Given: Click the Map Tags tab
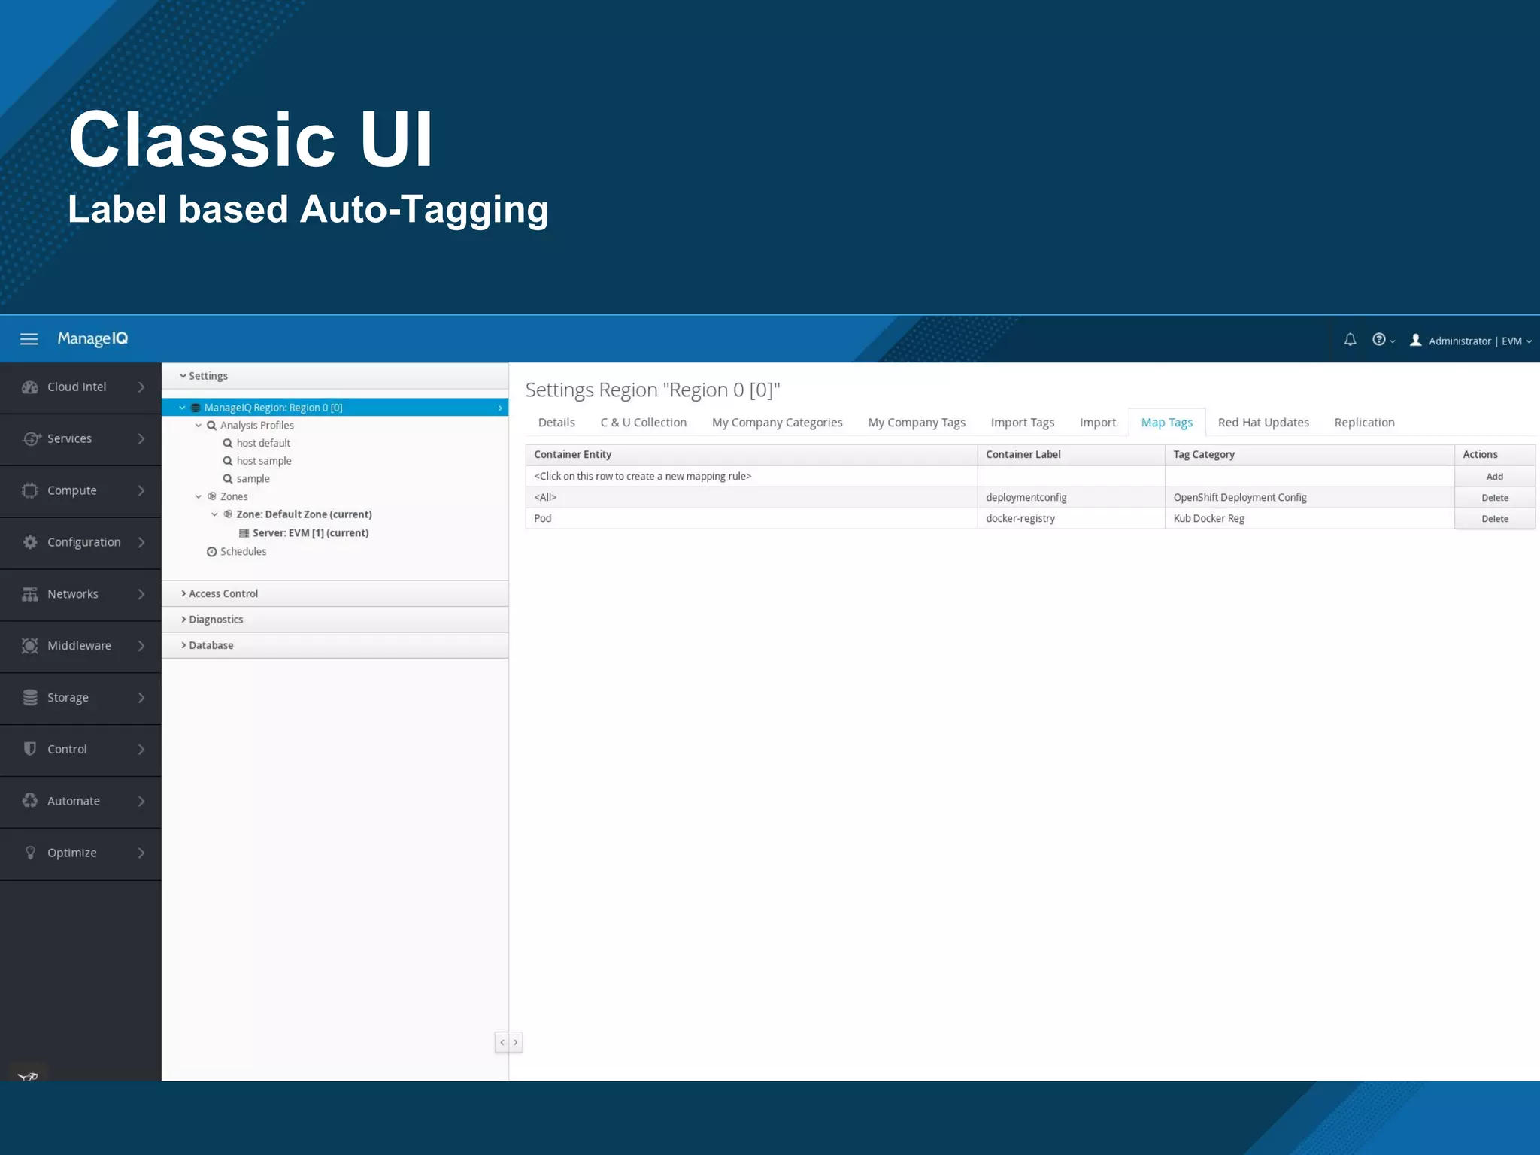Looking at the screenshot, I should point(1166,423).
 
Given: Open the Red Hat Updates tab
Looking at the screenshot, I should point(1263,423).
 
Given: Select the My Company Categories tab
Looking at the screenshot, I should point(777,423).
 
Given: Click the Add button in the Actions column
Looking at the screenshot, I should point(1494,477).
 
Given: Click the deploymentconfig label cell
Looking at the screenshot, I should point(1026,498).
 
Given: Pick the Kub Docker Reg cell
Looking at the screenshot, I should point(1208,519).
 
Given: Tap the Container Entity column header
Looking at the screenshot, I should point(573,455).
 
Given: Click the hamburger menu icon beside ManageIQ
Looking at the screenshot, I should point(29,339).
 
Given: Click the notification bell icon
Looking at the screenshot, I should point(1350,340).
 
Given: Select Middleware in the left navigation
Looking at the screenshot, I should point(79,646).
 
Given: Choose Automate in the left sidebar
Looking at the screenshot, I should point(73,802).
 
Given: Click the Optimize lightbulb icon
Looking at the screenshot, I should point(30,853).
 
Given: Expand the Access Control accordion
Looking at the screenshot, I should point(223,594).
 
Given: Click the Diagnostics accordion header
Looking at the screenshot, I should point(216,620).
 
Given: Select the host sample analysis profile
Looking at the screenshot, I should point(263,461).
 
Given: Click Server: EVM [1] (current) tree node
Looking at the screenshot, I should point(310,533).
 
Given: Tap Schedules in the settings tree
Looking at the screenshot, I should point(243,552).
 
